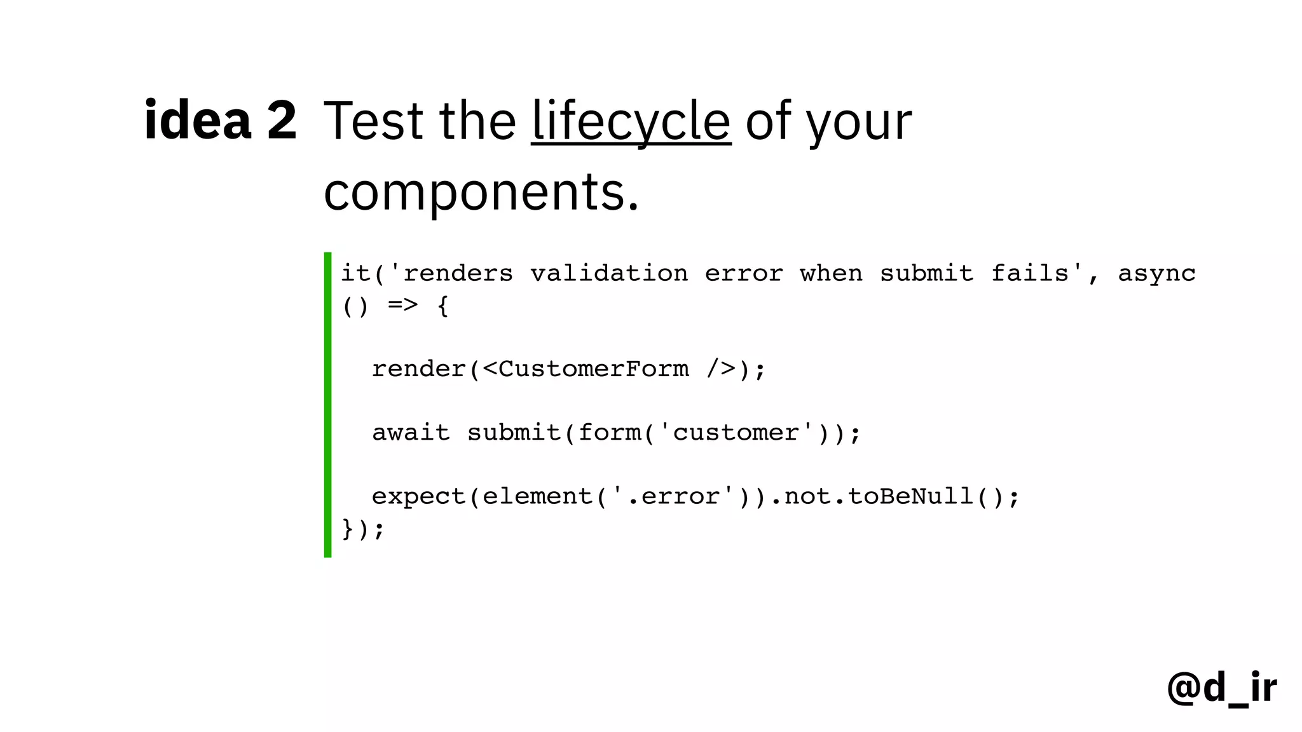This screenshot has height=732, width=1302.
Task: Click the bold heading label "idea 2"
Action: [x=220, y=120]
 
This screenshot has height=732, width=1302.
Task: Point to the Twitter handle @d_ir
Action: [x=1221, y=688]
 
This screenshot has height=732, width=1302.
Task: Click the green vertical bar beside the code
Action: [x=327, y=405]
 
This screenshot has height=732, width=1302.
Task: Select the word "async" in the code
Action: [x=1156, y=273]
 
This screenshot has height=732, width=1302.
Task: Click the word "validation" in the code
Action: [x=609, y=273]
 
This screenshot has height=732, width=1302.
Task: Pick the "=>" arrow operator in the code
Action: [x=403, y=306]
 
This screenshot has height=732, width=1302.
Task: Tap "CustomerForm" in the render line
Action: [x=593, y=369]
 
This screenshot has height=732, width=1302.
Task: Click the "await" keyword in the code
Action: [x=411, y=433]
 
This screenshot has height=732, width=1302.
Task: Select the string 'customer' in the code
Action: [x=736, y=433]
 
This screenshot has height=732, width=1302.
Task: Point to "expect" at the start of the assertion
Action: [x=419, y=496]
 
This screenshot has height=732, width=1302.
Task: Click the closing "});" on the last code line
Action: [x=363, y=529]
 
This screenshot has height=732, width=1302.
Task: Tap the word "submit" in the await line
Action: [x=514, y=433]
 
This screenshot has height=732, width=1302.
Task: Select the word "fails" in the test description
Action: [x=1030, y=273]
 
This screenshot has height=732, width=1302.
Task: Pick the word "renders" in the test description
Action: [x=458, y=273]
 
